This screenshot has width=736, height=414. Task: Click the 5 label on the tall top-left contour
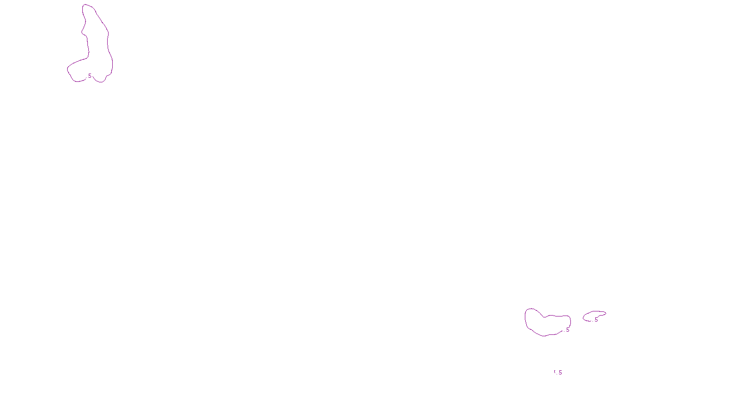(90, 76)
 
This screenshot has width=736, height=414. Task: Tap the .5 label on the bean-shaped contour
(567, 330)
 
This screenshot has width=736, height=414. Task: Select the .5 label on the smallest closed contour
(596, 320)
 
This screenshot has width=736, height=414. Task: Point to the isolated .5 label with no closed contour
(560, 373)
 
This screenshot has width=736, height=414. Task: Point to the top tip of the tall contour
(86, 5)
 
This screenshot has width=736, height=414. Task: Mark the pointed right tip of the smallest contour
(606, 314)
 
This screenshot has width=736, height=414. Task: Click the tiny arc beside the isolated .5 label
(555, 372)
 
